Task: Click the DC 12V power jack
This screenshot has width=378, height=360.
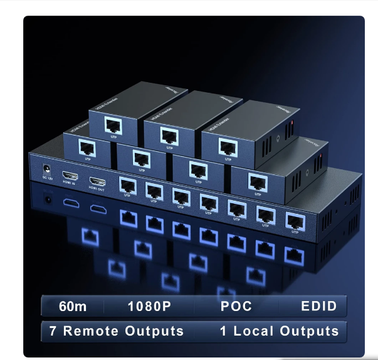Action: pyautogui.click(x=46, y=169)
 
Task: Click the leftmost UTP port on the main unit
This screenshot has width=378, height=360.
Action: pyautogui.click(x=128, y=185)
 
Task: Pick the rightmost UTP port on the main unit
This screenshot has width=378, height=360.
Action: pyautogui.click(x=294, y=220)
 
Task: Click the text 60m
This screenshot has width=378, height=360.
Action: pyautogui.click(x=72, y=306)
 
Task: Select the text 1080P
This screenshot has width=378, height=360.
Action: pyautogui.click(x=150, y=306)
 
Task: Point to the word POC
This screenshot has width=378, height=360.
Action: pyautogui.click(x=236, y=306)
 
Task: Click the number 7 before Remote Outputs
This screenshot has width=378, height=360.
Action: pyautogui.click(x=53, y=331)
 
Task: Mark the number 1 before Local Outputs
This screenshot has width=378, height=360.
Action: pyautogui.click(x=223, y=331)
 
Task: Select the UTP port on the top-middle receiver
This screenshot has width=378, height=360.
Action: pyautogui.click(x=169, y=135)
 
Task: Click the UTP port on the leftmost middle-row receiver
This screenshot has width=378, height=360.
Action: pyautogui.click(x=86, y=146)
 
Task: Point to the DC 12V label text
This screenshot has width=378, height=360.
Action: pyautogui.click(x=46, y=178)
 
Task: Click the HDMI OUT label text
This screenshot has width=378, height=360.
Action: pyautogui.click(x=97, y=188)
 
